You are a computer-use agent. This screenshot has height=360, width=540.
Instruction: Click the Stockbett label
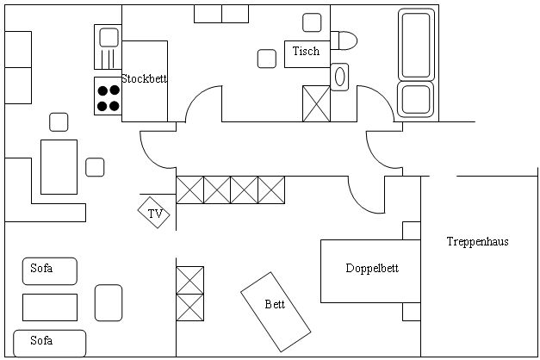[144, 78]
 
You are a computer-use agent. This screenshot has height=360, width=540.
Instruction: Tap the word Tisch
[305, 51]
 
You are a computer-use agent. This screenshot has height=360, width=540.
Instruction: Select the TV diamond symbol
[155, 214]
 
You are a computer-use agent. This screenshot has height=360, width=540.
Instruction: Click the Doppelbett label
[371, 269]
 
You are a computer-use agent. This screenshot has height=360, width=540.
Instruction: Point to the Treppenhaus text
[477, 242]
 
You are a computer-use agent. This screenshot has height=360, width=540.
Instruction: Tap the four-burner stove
[108, 96]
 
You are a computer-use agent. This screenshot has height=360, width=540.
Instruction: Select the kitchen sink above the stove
[108, 37]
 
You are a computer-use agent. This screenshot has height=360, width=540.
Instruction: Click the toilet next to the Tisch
[345, 40]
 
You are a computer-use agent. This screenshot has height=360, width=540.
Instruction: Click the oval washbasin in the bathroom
[340, 76]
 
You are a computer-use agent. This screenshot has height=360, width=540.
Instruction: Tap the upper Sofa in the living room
[49, 270]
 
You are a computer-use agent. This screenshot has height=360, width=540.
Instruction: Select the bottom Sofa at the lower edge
[49, 342]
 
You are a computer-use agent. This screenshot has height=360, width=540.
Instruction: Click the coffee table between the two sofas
[49, 307]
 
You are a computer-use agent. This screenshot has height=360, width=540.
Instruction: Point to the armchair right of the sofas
[109, 303]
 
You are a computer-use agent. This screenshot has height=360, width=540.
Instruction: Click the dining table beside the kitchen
[59, 166]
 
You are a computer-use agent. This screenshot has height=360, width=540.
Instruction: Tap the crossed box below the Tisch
[315, 103]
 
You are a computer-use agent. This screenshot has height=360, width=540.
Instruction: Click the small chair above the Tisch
[311, 22]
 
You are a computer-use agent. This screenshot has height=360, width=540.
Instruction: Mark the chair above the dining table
[59, 122]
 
